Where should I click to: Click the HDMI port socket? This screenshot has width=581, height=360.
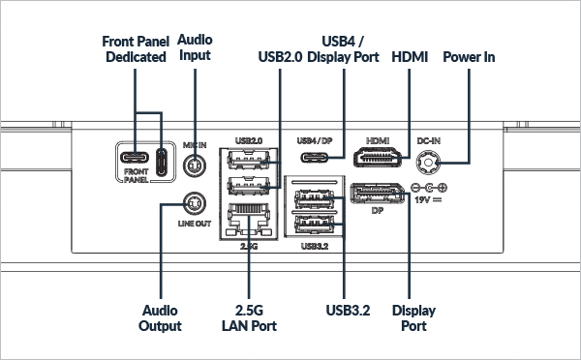(378, 157)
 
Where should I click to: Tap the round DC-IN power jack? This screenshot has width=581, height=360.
(428, 163)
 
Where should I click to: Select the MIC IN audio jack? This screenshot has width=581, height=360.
(195, 165)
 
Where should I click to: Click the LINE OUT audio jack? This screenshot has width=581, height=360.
(195, 203)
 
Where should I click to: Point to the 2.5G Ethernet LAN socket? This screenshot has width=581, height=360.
(248, 220)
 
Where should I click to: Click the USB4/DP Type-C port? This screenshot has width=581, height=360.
(314, 158)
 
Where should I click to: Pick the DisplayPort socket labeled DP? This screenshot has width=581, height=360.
(377, 194)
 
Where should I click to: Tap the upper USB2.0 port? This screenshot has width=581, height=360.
(248, 160)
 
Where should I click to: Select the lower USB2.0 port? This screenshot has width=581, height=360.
(248, 186)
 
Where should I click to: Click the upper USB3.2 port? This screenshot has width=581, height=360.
(314, 199)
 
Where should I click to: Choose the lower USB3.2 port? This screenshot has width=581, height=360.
(314, 224)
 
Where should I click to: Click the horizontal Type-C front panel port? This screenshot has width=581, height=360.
(135, 158)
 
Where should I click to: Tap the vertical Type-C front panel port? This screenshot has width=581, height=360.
(161, 162)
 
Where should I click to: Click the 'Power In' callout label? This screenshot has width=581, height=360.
(469, 57)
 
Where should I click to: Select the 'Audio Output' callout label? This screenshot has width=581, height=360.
(160, 318)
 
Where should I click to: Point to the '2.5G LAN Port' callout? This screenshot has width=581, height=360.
(249, 318)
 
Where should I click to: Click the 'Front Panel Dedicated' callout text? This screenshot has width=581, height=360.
(136, 49)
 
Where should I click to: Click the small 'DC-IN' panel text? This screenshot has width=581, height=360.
(428, 140)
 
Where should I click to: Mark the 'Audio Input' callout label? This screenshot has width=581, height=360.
(195, 47)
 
